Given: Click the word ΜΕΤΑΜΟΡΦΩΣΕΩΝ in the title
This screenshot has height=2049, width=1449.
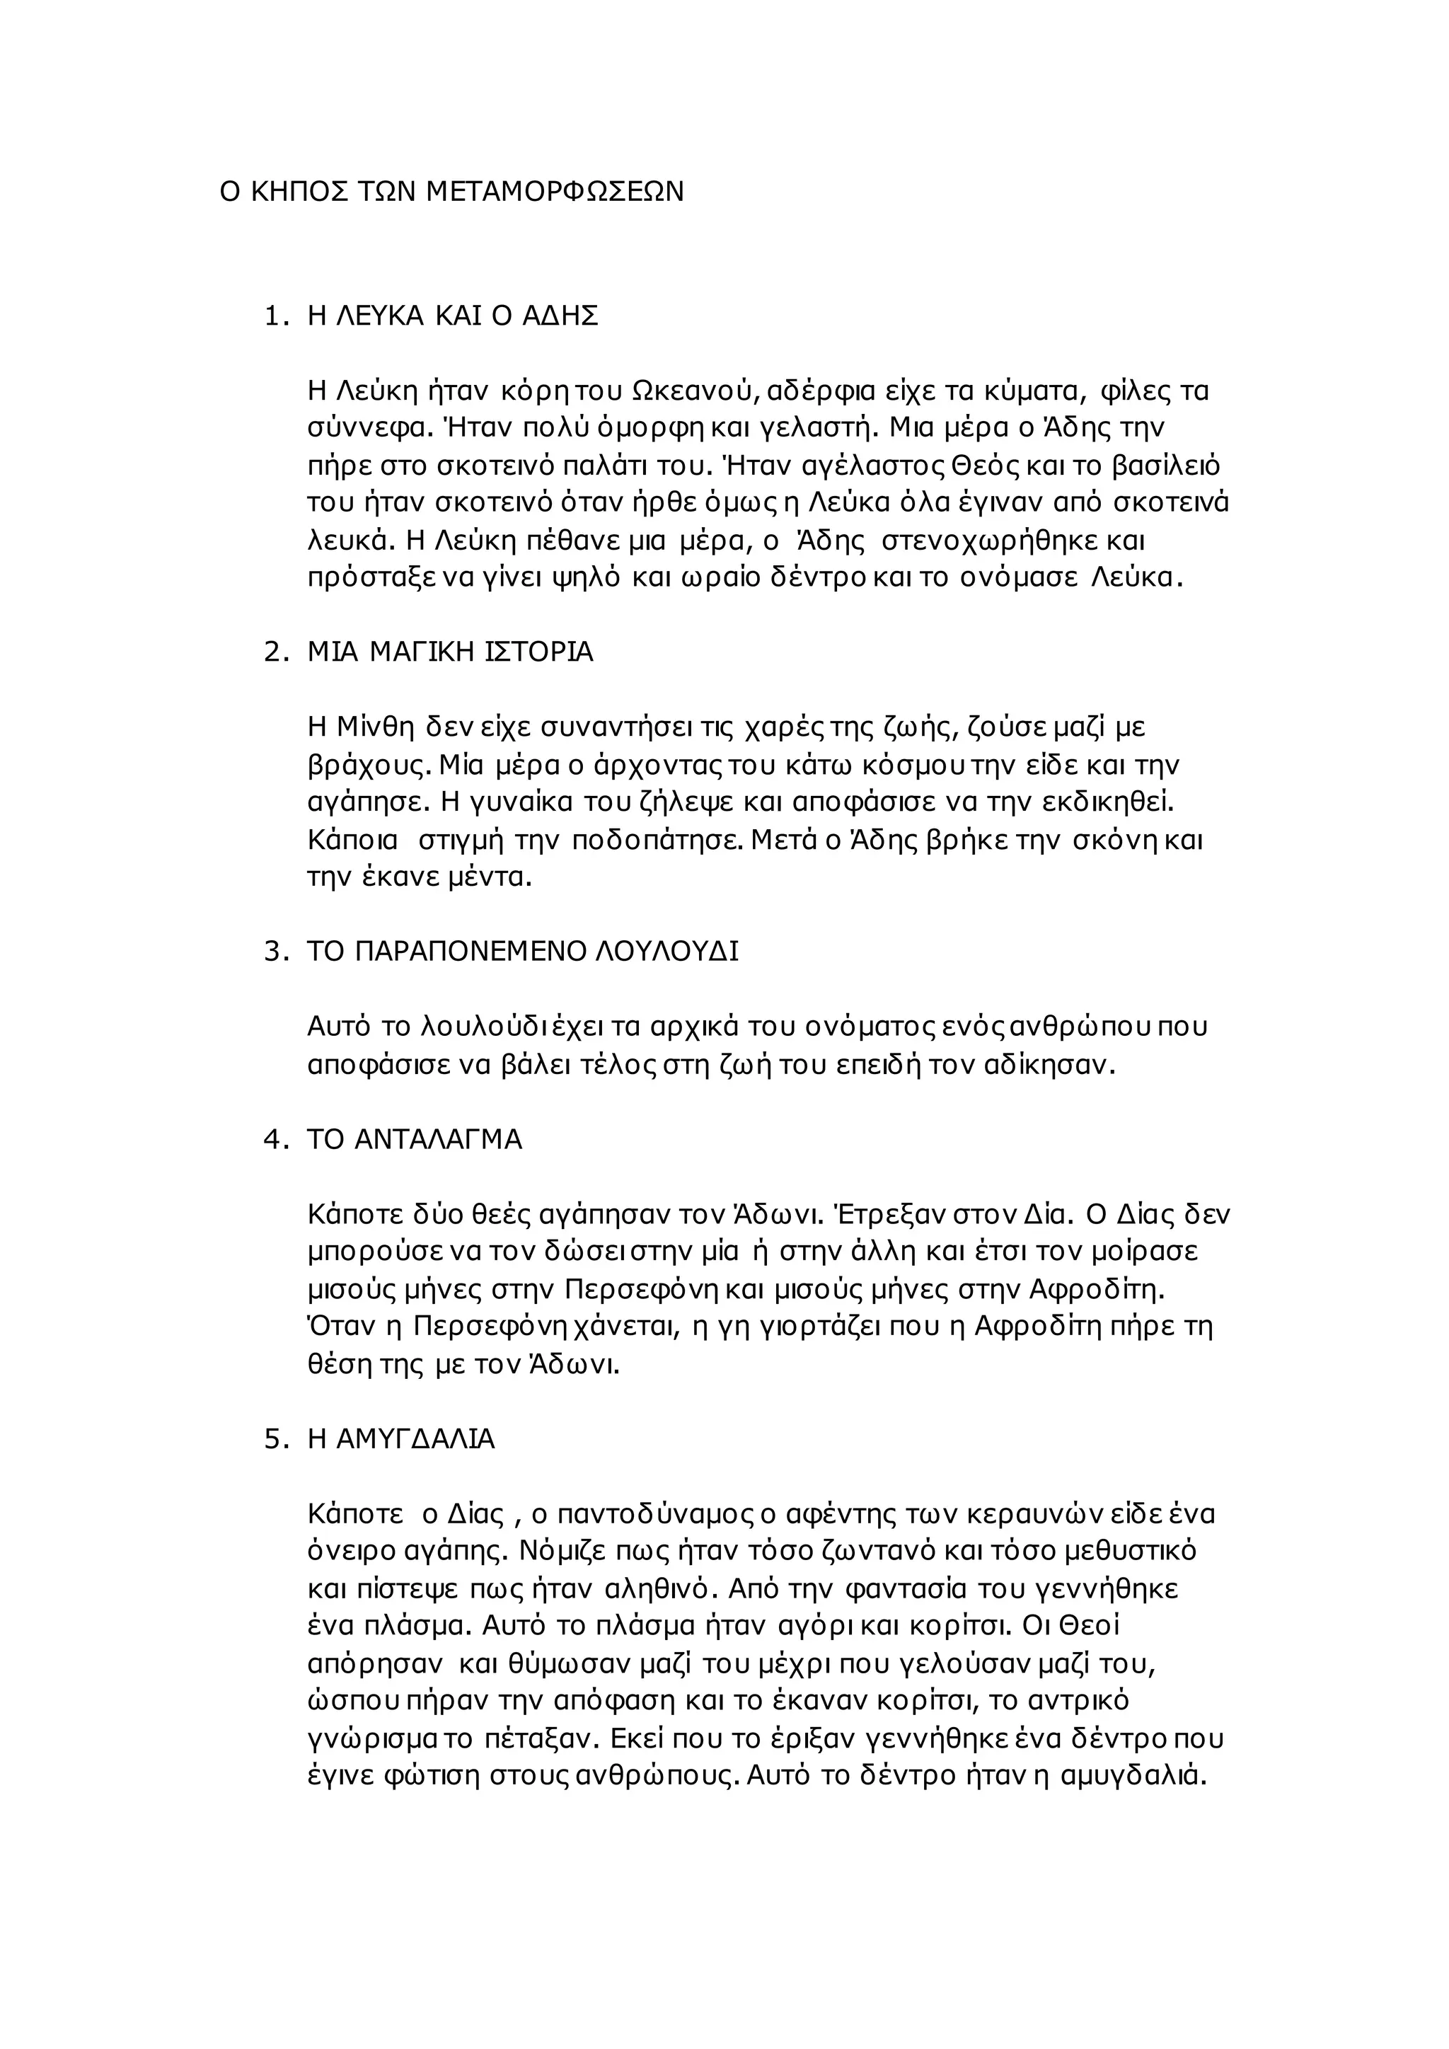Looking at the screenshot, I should click(554, 192).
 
